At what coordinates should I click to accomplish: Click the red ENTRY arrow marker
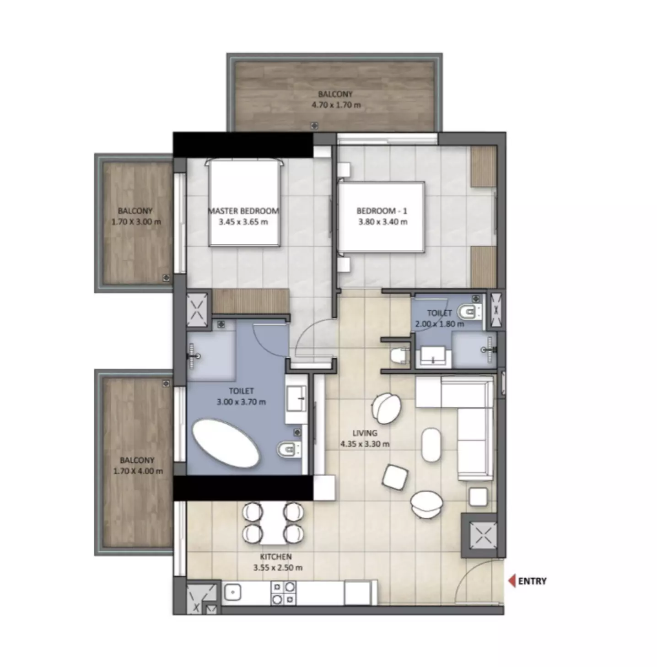pos(512,581)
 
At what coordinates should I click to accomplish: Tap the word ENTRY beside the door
pos(532,581)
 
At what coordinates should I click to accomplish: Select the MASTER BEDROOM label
pos(243,211)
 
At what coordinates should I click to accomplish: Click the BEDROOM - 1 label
pos(382,211)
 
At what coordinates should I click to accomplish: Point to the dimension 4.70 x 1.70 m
pos(336,105)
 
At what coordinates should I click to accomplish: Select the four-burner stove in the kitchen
pos(284,592)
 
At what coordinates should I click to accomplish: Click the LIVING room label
pos(365,433)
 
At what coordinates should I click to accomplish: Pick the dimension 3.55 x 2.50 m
pos(278,568)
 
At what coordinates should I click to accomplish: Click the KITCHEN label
pos(276,557)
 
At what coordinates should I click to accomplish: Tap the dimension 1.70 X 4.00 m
pos(138,471)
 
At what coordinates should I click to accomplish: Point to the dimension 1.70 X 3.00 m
pos(136,222)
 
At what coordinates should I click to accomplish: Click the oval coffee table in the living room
pos(431,445)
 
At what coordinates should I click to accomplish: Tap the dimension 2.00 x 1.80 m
pos(440,324)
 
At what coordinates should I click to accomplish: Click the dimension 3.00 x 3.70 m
pos(242,402)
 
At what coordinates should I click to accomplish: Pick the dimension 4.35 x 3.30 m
pos(365,444)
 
